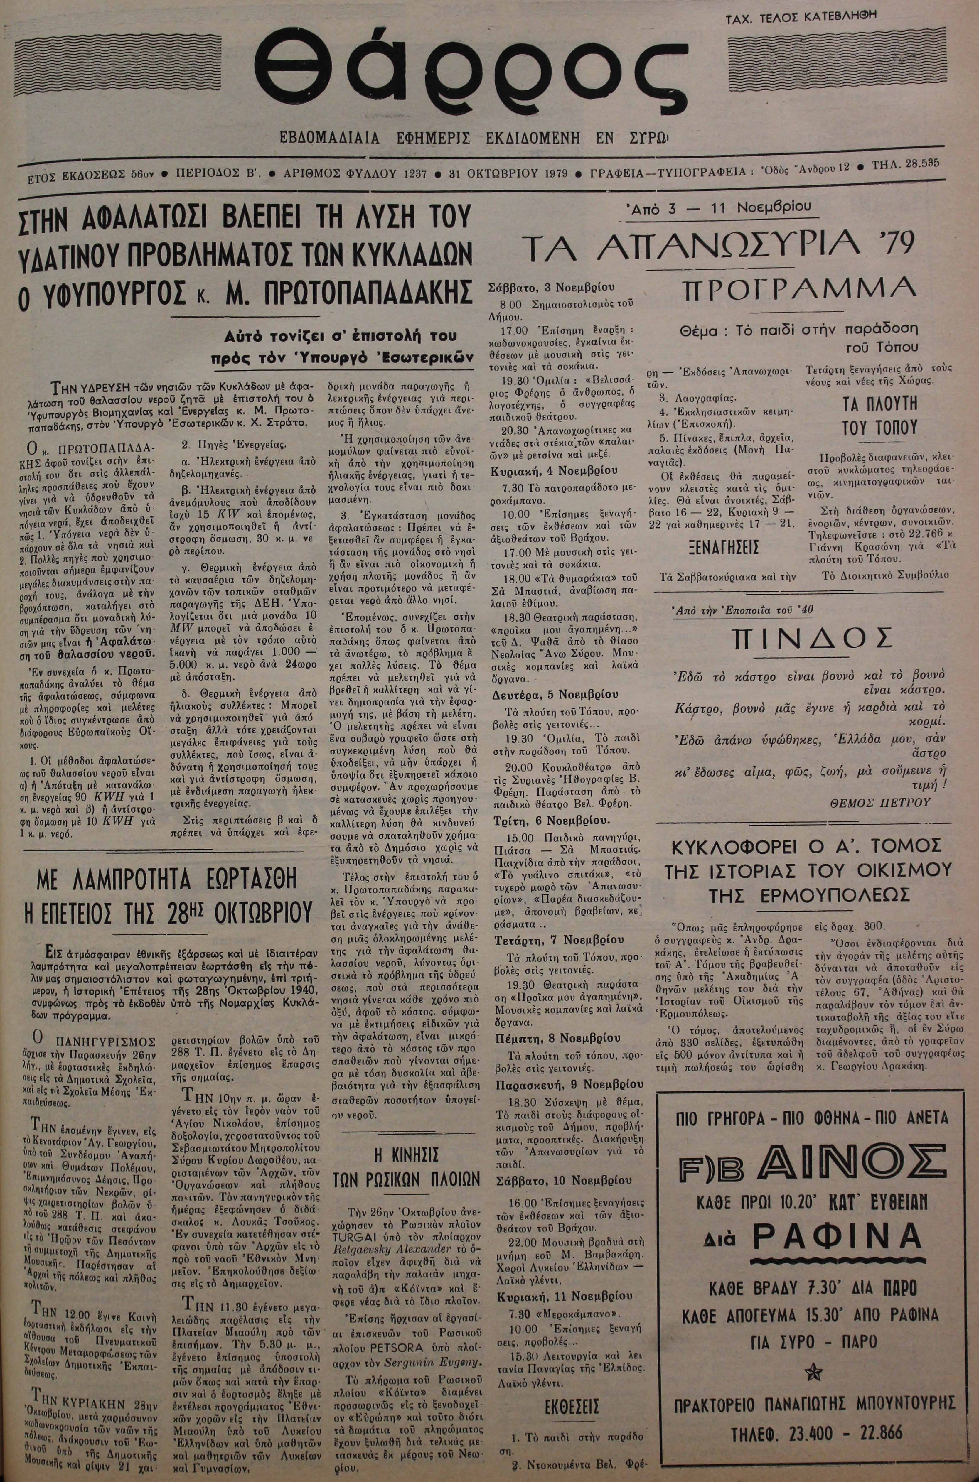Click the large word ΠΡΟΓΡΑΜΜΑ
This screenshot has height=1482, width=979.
pyautogui.click(x=801, y=289)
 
